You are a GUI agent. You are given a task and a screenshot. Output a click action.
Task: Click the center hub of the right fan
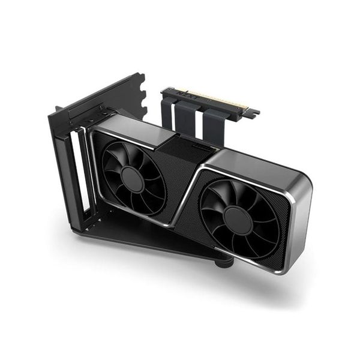pos(238,220)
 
